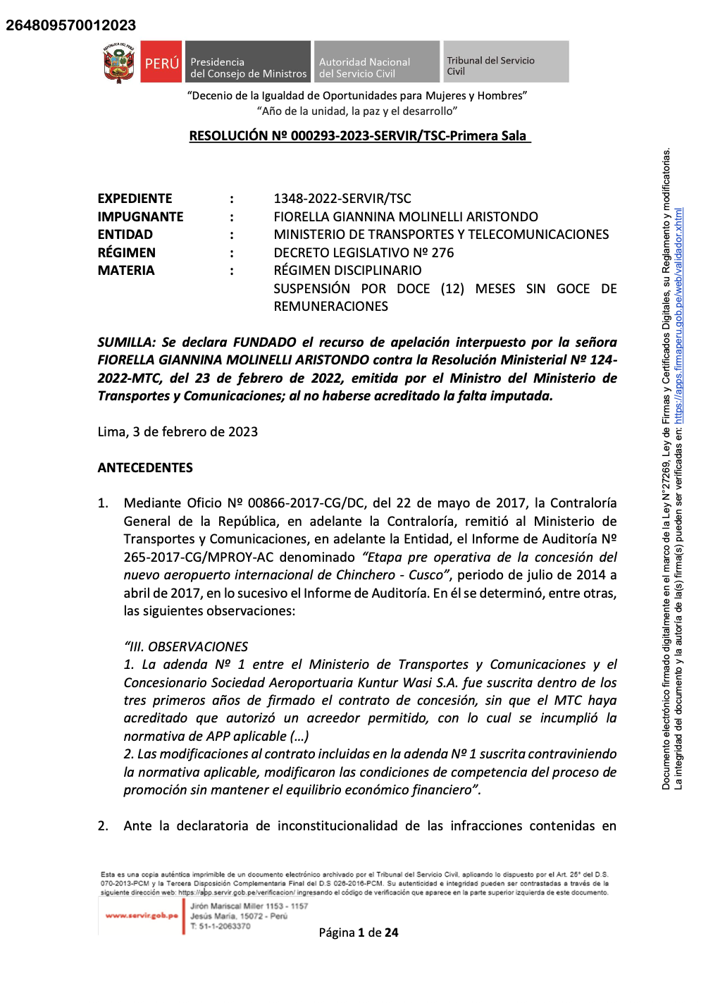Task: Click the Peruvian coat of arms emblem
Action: pyautogui.click(x=119, y=63)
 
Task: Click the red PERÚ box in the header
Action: pyautogui.click(x=161, y=63)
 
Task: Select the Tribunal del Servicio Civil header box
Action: pyautogui.click(x=504, y=63)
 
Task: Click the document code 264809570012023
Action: pyautogui.click(x=70, y=25)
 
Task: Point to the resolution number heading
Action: pyautogui.click(x=359, y=136)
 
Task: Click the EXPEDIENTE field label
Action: pyautogui.click(x=135, y=199)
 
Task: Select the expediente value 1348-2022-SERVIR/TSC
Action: pyautogui.click(x=342, y=199)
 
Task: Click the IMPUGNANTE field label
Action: pyautogui.click(x=140, y=217)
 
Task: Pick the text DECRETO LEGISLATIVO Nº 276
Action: pyautogui.click(x=364, y=252)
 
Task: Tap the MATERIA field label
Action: pyautogui.click(x=125, y=271)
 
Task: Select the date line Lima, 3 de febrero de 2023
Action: pyautogui.click(x=178, y=432)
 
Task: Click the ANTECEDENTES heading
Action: pyautogui.click(x=145, y=468)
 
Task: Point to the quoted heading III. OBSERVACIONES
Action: pyautogui.click(x=186, y=646)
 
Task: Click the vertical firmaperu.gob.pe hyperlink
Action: pyautogui.click(x=678, y=315)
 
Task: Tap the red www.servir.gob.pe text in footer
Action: pyautogui.click(x=142, y=916)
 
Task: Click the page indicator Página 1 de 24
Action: pyautogui.click(x=359, y=933)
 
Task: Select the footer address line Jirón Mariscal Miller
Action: pyautogui.click(x=249, y=906)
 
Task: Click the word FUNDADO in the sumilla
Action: pyautogui.click(x=264, y=343)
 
